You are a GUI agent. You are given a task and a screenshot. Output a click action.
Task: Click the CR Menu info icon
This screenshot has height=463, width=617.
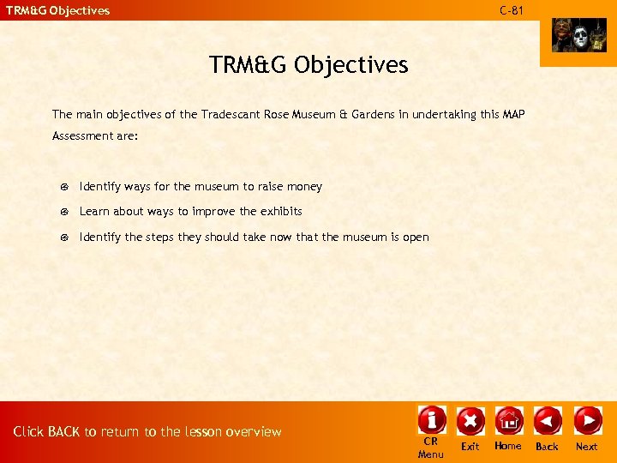[431, 421]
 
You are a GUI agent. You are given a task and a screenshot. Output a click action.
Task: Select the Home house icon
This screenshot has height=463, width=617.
[508, 421]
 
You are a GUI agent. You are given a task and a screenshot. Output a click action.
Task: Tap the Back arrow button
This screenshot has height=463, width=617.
[547, 421]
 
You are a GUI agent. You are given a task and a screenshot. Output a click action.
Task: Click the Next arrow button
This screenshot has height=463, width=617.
[587, 421]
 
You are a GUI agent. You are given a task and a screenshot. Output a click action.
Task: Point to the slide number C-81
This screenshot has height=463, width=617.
[512, 10]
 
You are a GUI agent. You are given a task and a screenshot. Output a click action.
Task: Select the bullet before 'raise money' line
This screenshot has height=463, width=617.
[65, 187]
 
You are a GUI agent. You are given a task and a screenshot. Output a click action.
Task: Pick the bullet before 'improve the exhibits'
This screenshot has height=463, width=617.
[65, 212]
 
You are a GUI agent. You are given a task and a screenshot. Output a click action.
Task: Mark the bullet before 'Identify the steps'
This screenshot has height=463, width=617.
[65, 238]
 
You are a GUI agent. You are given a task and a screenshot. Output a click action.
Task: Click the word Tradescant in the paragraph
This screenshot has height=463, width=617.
[232, 113]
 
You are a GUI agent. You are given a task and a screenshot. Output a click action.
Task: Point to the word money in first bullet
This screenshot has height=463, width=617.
[305, 186]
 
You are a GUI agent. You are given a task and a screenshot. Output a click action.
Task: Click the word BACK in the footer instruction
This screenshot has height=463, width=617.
[64, 431]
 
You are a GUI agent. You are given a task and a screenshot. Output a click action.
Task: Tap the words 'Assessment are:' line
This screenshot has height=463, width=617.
[95, 135]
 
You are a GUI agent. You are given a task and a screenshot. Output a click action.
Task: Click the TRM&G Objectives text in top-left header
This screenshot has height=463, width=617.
[58, 10]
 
